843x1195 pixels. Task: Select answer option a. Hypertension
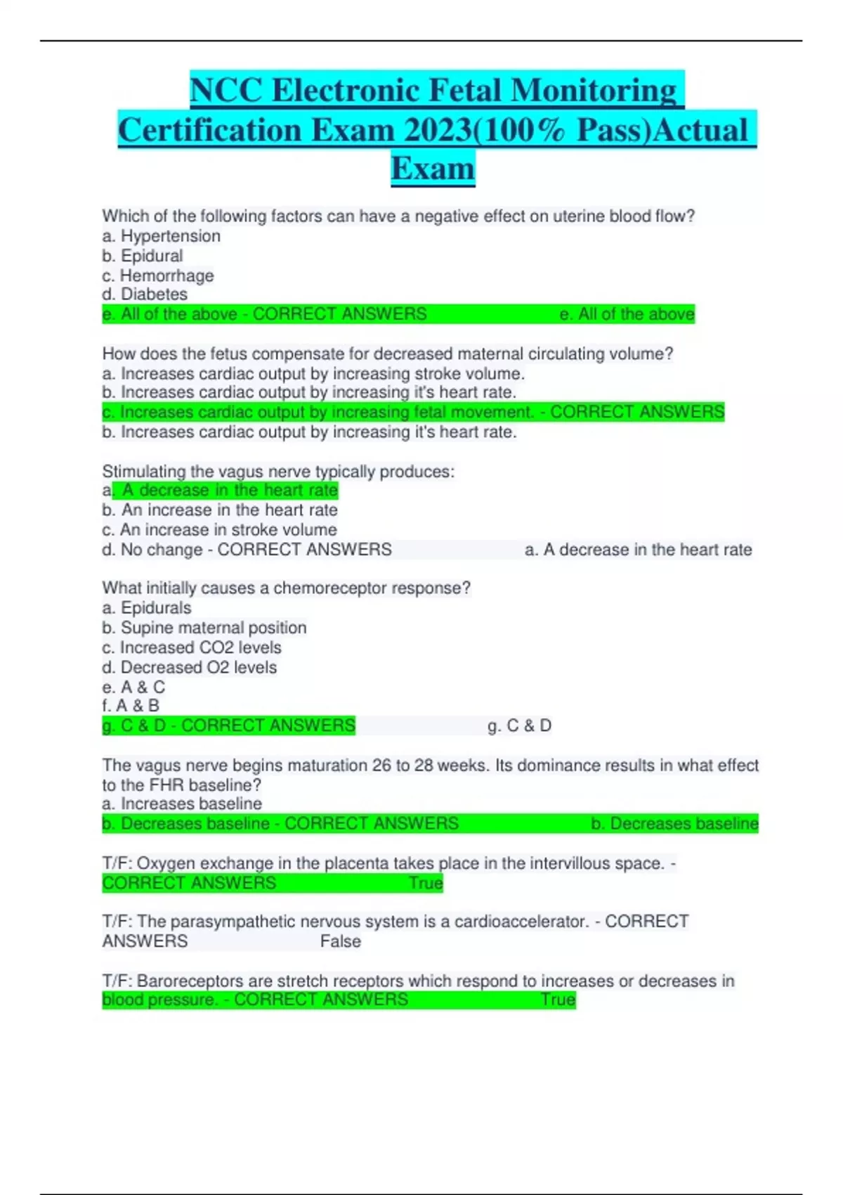pos(161,236)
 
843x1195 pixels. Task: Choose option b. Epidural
pos(143,256)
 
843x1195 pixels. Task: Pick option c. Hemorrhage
pos(158,276)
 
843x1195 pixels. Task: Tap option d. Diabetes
pos(145,295)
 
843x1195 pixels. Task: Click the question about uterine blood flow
pos(398,217)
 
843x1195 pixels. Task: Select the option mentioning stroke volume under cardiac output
pos(313,373)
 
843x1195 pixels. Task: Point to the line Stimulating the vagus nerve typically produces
pos(278,471)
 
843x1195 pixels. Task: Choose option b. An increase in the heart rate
pos(220,510)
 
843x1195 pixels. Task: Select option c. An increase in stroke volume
pos(219,529)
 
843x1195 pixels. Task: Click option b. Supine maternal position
pos(204,628)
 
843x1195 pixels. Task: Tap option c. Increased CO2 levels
pos(192,647)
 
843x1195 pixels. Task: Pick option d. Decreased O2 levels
pos(190,667)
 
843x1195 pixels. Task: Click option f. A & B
pos(131,706)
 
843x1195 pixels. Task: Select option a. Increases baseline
pos(182,803)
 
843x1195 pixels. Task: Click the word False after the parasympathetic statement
pos(341,941)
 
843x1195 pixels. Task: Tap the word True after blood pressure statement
pos(558,1000)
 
